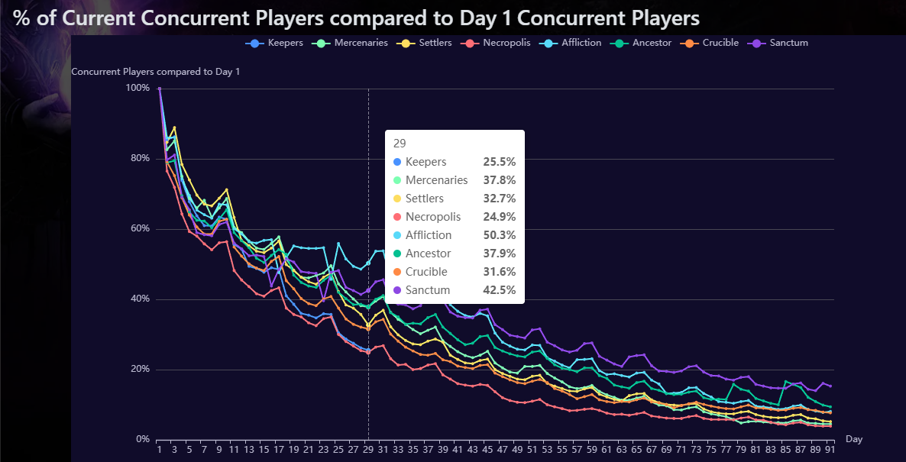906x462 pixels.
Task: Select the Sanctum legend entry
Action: [x=781, y=43]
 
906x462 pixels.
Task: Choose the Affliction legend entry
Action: [x=573, y=43]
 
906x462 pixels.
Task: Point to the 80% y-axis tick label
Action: [x=138, y=159]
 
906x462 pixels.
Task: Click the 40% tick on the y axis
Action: [x=138, y=299]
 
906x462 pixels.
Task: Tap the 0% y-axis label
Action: [x=141, y=440]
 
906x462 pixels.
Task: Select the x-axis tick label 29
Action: [x=368, y=450]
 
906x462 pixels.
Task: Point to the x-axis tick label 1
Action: [x=160, y=450]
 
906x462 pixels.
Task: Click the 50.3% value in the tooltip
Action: [x=500, y=235]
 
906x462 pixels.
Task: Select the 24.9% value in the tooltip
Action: [x=500, y=217]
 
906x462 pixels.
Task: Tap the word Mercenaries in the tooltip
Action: [x=436, y=180]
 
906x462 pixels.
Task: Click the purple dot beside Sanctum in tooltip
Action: [x=397, y=290]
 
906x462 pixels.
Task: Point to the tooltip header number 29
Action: [x=400, y=144]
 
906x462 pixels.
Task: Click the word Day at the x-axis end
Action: [x=854, y=439]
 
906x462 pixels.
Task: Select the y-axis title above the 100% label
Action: [x=155, y=72]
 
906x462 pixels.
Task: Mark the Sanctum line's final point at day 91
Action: [x=830, y=386]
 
